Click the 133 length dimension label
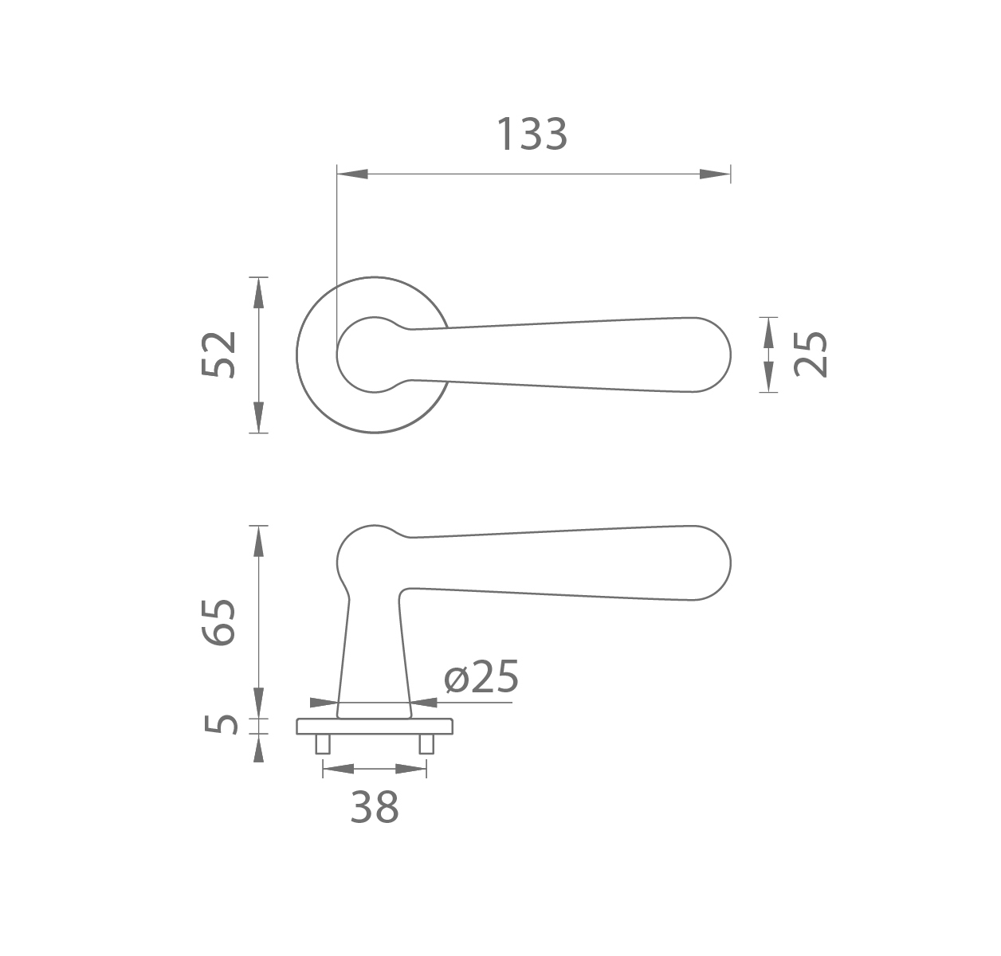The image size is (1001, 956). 532,135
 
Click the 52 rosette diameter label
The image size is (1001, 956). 218,355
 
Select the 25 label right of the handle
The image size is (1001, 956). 811,355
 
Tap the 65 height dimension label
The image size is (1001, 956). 218,621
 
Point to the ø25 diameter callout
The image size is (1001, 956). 481,676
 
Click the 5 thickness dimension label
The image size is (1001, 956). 222,725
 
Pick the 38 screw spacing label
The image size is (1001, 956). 375,807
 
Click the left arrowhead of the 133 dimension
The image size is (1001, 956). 352,174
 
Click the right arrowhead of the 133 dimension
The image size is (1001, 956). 715,174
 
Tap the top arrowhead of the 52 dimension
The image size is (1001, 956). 258,292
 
